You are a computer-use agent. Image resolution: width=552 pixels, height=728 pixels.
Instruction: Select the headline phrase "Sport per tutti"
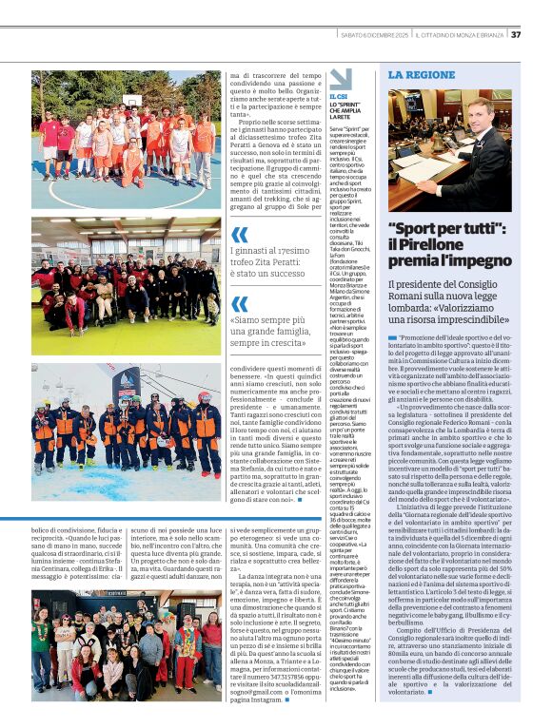click(445, 229)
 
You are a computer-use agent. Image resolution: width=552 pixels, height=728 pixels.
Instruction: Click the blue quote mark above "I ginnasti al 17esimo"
click(241, 234)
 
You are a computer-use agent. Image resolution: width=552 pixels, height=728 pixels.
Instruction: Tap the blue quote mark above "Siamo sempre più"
click(241, 304)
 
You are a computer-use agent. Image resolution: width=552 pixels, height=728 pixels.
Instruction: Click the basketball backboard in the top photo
click(132, 99)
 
